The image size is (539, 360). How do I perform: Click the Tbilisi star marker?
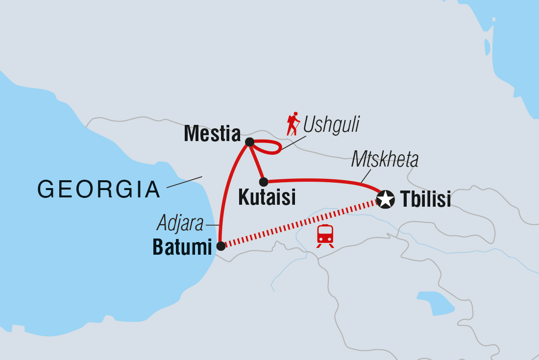click(x=386, y=199)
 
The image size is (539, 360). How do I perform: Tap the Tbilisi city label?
click(x=425, y=199)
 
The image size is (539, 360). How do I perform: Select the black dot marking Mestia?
click(x=249, y=143)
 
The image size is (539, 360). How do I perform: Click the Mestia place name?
click(x=212, y=134)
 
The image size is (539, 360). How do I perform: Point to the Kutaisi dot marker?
click(x=263, y=182)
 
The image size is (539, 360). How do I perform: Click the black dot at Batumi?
click(x=221, y=245)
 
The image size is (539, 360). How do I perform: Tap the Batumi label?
click(x=182, y=247)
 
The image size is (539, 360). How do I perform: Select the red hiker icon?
click(x=293, y=124)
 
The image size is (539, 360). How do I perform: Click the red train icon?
click(x=325, y=235)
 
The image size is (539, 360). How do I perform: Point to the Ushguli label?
click(x=331, y=125)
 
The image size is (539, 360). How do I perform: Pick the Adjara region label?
click(x=180, y=224)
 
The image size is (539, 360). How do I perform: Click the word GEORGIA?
click(x=99, y=190)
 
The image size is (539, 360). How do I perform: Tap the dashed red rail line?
click(x=299, y=224)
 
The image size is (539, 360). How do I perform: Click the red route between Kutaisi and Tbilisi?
click(x=323, y=181)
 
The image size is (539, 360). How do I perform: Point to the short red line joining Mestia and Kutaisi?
click(x=256, y=162)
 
